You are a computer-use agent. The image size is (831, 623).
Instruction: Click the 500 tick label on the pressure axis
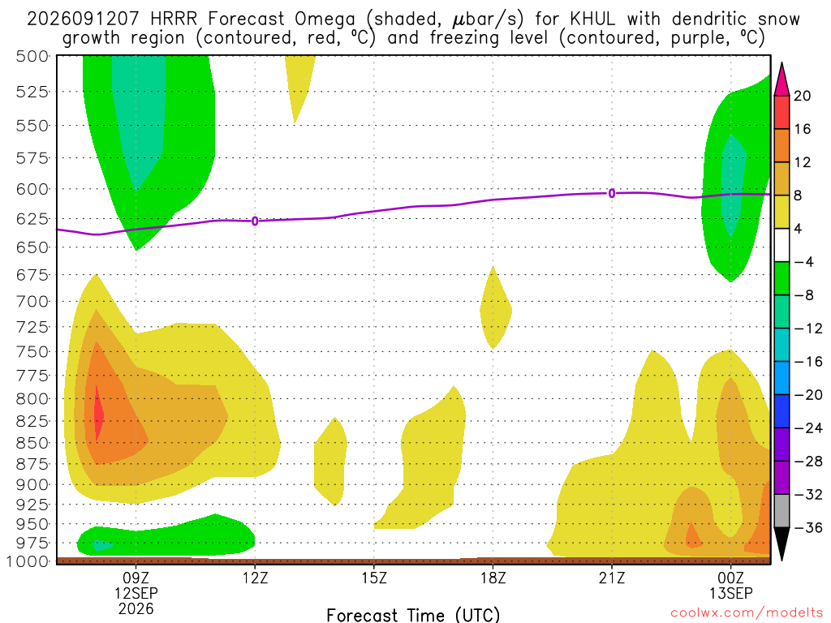(x=32, y=56)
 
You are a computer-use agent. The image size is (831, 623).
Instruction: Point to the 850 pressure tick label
(x=32, y=443)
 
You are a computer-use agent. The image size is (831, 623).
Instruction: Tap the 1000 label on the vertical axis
(x=28, y=561)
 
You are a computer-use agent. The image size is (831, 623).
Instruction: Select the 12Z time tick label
(x=256, y=578)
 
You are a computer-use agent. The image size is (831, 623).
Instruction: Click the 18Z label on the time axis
(x=493, y=578)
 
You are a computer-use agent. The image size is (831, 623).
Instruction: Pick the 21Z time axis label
(x=612, y=578)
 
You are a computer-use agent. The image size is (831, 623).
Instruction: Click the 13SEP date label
(x=731, y=593)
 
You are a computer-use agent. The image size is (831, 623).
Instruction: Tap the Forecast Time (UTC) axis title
(x=413, y=615)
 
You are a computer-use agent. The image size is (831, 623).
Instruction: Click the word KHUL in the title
(x=592, y=19)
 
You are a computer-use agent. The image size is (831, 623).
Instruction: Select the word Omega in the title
(x=325, y=19)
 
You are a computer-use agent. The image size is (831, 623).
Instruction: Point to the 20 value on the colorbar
(x=803, y=96)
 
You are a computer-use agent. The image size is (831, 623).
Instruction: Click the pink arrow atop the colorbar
(x=781, y=79)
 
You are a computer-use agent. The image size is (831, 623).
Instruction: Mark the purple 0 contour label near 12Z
(x=255, y=221)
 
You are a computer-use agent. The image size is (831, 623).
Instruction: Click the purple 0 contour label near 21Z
(x=612, y=193)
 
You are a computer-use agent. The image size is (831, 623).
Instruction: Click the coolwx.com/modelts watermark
(x=747, y=613)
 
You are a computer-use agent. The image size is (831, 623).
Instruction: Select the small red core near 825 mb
(x=98, y=413)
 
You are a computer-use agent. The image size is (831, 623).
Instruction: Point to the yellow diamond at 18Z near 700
(x=495, y=308)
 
